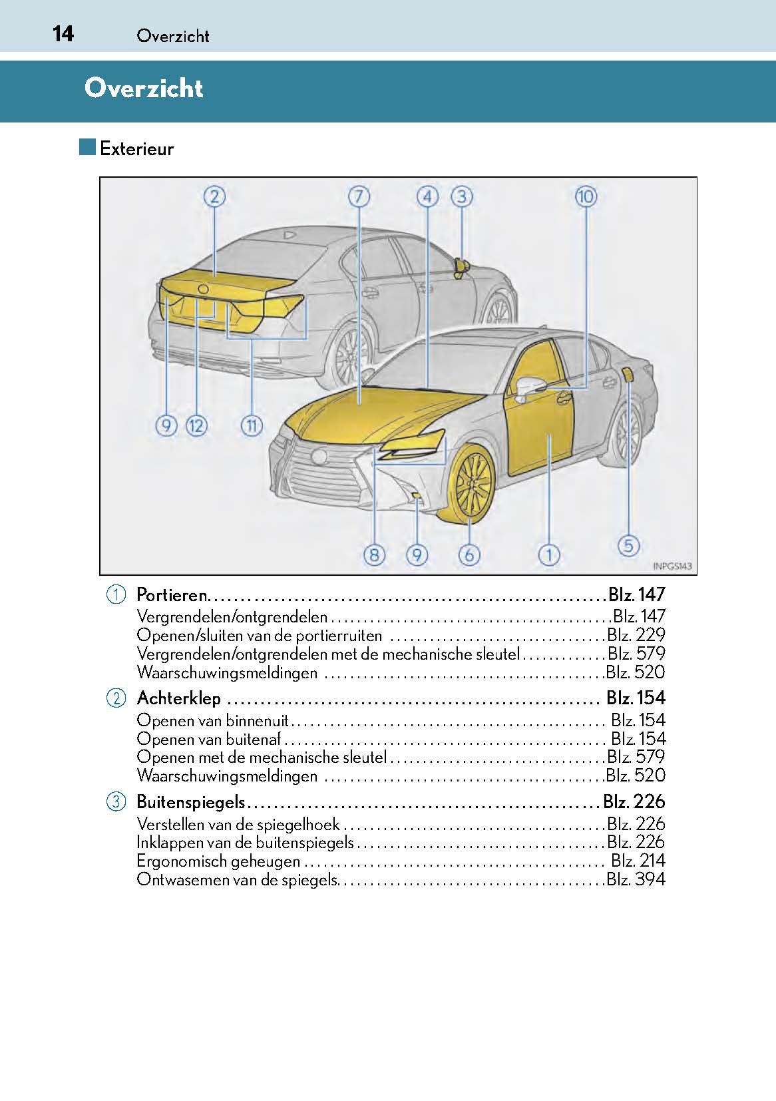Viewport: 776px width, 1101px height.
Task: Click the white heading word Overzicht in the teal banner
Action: pos(144,89)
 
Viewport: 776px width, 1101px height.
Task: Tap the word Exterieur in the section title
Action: pos(136,148)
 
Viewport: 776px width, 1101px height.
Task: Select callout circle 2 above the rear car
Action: pos(214,196)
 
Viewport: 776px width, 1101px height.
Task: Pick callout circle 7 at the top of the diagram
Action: pos(359,196)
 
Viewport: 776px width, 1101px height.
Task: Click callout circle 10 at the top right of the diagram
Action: pos(586,196)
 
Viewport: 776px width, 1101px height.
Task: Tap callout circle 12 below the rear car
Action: pos(196,425)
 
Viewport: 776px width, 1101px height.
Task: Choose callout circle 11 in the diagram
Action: pos(252,425)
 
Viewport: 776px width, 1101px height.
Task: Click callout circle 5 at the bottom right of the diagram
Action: pos(628,546)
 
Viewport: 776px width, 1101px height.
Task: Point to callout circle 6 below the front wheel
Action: pos(469,554)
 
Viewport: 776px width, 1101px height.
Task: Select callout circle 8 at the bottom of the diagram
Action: pos(375,554)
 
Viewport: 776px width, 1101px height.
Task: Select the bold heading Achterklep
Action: pos(178,698)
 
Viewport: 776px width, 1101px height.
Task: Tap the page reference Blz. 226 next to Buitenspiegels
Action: pos(634,801)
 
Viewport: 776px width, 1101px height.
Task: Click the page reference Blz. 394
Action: pos(636,879)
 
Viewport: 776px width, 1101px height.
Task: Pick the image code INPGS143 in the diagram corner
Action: pos(672,566)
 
